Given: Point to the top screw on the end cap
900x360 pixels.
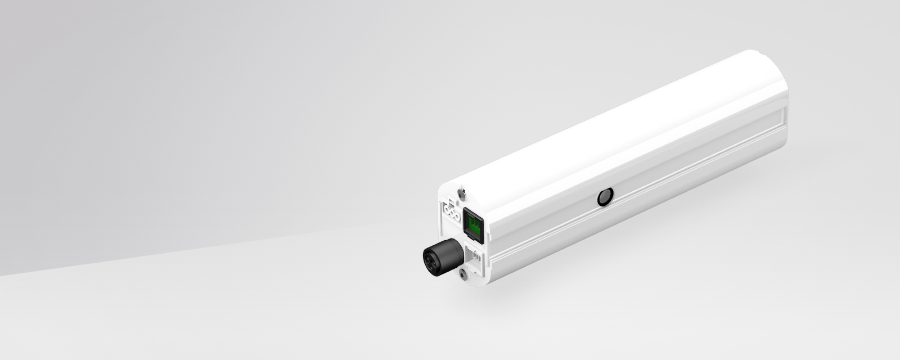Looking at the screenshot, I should point(461,194).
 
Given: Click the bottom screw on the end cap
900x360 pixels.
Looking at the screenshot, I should point(463,274).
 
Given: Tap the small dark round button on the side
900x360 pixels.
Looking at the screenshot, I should point(605,197).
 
